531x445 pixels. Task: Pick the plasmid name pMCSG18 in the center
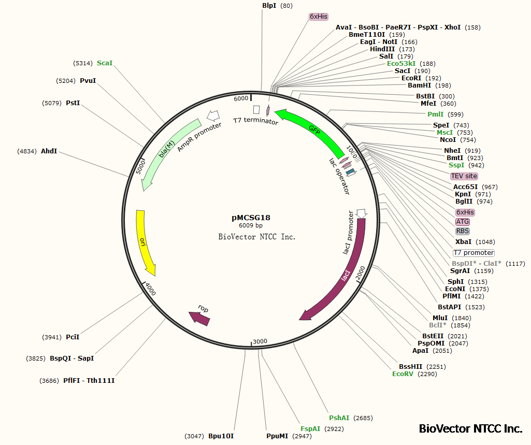click(251, 218)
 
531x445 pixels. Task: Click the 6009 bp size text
click(251, 226)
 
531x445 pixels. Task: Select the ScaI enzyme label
click(105, 63)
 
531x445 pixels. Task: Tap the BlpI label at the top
click(269, 6)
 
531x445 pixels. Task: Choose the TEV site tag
click(464, 176)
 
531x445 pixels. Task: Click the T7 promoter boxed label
click(473, 253)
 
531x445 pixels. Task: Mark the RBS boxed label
click(462, 231)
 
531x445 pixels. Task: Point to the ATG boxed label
click(462, 222)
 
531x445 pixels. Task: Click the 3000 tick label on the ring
click(260, 341)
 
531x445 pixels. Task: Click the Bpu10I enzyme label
click(221, 436)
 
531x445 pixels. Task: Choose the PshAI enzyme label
click(339, 418)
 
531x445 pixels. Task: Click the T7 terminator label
click(255, 121)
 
